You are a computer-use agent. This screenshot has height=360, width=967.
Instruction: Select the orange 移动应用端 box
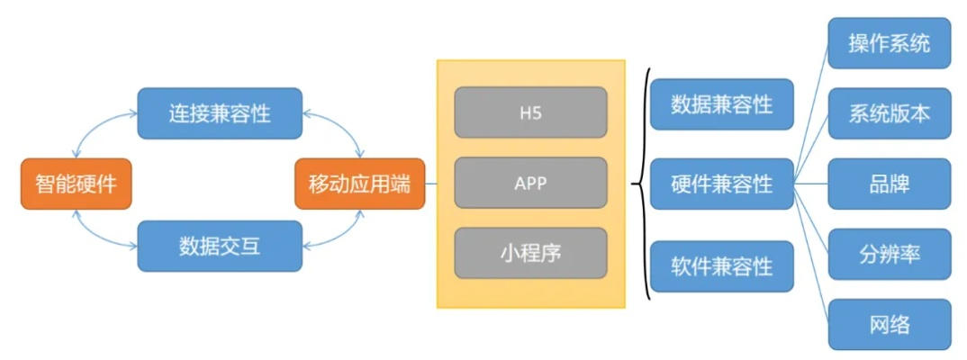359,184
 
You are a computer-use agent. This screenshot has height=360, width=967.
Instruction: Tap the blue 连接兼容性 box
219,113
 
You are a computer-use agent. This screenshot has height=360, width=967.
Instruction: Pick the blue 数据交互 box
219,245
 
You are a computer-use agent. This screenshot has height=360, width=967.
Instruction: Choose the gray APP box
530,183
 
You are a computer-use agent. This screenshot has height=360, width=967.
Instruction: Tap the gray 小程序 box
530,252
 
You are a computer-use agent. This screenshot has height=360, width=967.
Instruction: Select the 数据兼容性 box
721,104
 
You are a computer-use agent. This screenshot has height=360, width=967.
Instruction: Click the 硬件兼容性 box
721,184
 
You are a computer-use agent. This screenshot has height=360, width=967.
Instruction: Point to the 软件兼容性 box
721,266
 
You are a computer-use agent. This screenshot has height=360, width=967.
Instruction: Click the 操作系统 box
889,43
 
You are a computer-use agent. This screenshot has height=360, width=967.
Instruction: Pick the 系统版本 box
889,113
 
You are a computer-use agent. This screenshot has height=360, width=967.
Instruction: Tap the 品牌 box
889,184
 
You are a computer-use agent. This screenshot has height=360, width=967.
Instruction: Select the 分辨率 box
889,254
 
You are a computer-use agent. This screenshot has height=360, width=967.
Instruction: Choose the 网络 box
889,324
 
